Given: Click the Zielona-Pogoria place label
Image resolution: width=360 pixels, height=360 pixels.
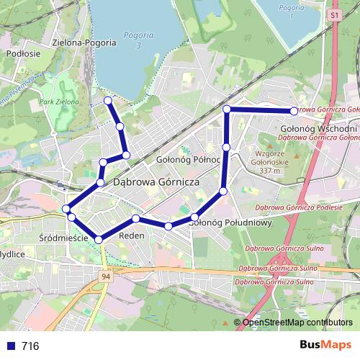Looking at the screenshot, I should click(x=84, y=42).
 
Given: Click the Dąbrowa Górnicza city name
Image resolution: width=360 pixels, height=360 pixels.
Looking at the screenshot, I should click(x=156, y=183).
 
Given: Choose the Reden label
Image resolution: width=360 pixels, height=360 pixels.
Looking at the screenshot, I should click(x=132, y=235).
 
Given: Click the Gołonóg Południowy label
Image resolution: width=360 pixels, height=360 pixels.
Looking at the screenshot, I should click(x=229, y=222).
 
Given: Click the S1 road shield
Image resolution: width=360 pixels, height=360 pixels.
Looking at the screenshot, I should click(x=334, y=14).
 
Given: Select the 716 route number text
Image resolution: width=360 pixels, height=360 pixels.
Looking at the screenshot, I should click(x=30, y=346).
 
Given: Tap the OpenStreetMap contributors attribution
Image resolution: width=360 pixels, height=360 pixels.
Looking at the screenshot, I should click(x=297, y=323).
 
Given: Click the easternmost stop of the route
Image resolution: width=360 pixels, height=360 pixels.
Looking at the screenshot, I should click(x=294, y=111).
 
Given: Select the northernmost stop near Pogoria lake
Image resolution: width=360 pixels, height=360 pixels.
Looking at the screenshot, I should click(x=108, y=100).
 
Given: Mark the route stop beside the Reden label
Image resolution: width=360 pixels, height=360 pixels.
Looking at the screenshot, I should click(x=135, y=218).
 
